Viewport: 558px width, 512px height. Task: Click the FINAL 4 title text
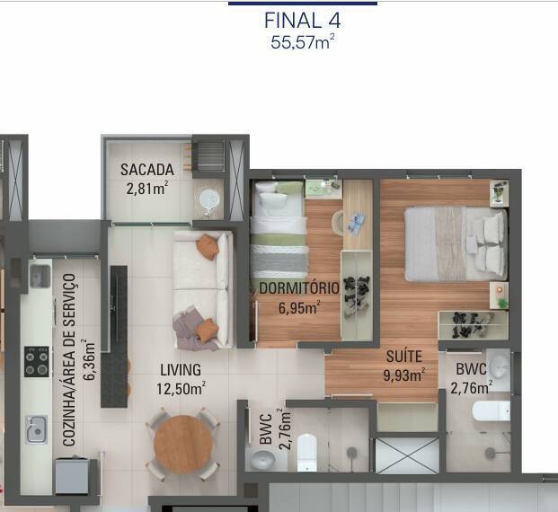(303, 20)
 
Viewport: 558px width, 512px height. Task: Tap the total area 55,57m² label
(303, 41)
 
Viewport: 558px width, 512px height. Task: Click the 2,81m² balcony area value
(147, 188)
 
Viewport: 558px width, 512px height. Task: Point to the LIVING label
(181, 369)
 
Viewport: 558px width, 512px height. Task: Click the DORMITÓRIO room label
(299, 288)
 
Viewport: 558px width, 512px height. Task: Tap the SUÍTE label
(404, 357)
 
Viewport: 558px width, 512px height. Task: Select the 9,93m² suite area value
(404, 375)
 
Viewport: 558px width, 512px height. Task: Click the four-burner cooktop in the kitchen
(37, 362)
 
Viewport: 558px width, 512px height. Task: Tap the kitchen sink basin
(36, 429)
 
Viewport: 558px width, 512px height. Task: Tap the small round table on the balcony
(209, 199)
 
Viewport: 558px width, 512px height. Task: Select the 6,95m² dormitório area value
(299, 307)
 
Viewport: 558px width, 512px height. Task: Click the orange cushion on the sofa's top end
(208, 245)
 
